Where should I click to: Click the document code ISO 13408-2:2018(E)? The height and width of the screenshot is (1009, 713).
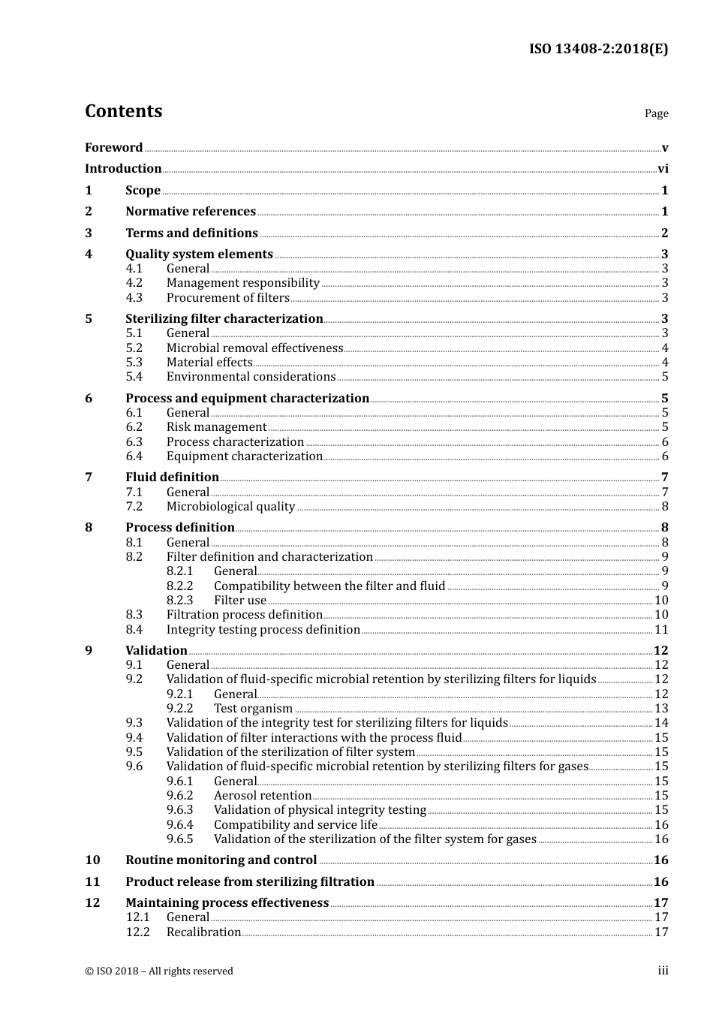[598, 50]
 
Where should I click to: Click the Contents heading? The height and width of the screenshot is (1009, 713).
[123, 111]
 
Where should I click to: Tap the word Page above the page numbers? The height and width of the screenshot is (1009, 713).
[656, 113]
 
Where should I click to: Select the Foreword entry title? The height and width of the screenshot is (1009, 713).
[113, 148]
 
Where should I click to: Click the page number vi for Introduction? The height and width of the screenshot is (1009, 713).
[663, 169]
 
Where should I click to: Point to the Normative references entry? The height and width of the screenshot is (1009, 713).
[191, 212]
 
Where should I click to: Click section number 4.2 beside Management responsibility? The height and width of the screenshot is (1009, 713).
[134, 283]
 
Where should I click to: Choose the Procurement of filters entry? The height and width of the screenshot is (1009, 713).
[227, 298]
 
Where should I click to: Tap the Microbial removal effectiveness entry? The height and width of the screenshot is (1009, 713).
[254, 348]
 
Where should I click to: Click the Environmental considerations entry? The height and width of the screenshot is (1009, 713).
[251, 377]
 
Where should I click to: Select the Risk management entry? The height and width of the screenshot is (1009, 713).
[216, 427]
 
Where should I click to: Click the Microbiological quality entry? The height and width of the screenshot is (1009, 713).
[230, 507]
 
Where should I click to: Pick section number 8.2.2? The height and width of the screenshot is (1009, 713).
[179, 586]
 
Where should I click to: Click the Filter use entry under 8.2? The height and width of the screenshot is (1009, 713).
[240, 601]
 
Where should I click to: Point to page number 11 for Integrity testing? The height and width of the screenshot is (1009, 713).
[661, 630]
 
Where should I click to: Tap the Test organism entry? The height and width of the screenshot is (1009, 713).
[253, 709]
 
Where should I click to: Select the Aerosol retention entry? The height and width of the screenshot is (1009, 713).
[262, 796]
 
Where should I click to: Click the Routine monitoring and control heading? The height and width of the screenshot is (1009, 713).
[221, 860]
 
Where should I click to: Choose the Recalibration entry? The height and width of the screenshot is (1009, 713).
[203, 932]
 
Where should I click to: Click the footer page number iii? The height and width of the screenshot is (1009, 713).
[663, 971]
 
